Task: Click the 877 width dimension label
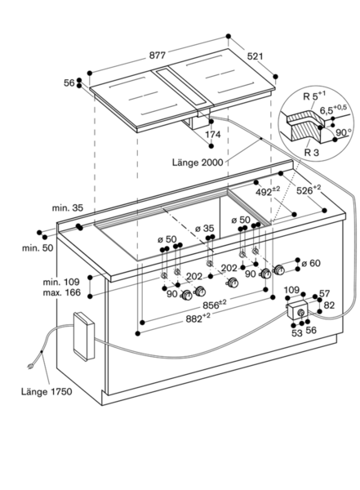(x=157, y=56)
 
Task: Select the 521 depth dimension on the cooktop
(x=255, y=56)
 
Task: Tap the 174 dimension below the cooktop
(x=212, y=135)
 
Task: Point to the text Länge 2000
(x=198, y=163)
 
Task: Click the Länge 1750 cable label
(x=47, y=391)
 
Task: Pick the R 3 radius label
(x=312, y=153)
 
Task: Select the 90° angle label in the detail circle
(x=343, y=132)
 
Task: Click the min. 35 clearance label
(x=68, y=207)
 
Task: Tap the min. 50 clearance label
(x=38, y=248)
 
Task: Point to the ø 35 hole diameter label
(x=205, y=229)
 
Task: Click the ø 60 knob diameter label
(x=311, y=264)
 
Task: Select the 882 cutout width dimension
(x=198, y=318)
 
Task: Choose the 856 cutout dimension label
(x=215, y=304)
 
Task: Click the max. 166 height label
(x=61, y=293)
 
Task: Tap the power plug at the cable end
(x=31, y=365)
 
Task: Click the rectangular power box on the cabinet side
(x=83, y=336)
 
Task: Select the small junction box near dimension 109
(x=297, y=310)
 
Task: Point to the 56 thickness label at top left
(x=69, y=83)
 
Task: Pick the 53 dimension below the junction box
(x=297, y=333)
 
